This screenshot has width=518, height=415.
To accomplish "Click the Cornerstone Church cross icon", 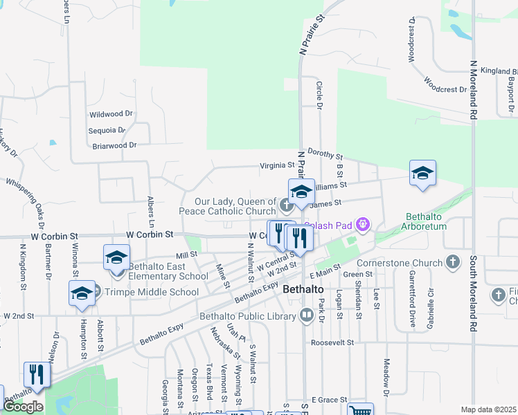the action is (453, 262).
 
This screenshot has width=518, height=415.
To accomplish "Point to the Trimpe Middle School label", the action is (151, 292).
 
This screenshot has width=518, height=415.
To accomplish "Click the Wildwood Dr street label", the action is (111, 113).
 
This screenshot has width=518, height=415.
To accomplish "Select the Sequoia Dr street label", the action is (107, 129).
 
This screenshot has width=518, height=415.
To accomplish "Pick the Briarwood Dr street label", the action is (115, 145).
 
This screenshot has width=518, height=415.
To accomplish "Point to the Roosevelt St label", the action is (332, 342).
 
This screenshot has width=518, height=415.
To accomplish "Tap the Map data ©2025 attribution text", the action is (488, 409).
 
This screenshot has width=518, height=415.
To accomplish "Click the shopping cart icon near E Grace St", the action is (360, 410).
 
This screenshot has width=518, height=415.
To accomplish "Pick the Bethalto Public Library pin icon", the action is (307, 316).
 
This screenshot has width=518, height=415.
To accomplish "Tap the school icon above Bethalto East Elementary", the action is (116, 257).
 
